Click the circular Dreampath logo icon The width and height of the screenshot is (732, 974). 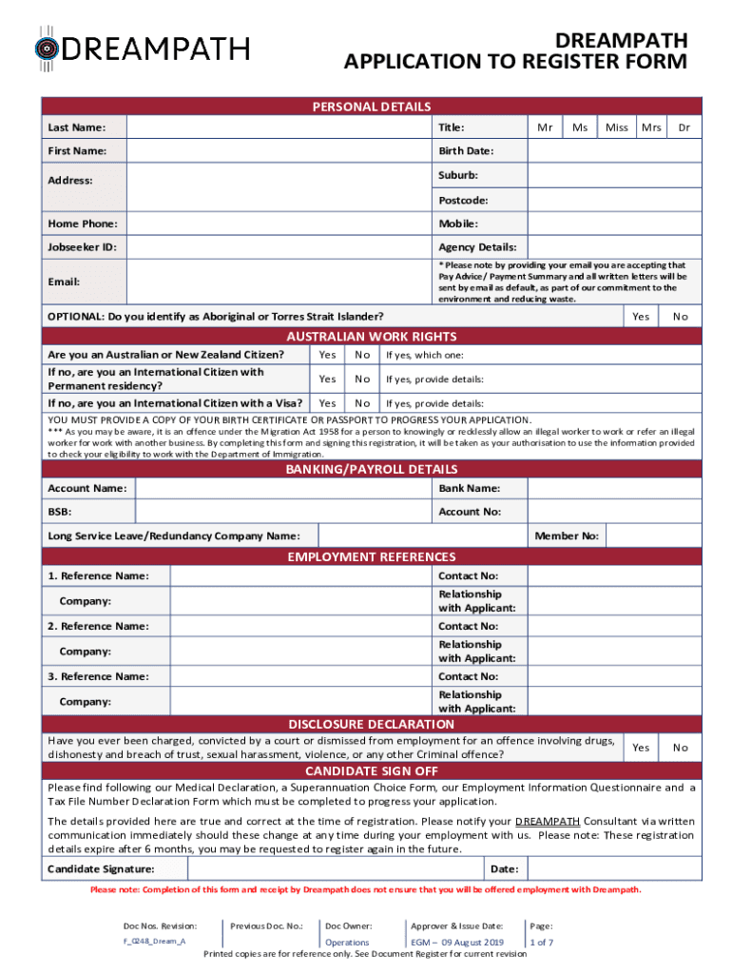click(x=47, y=48)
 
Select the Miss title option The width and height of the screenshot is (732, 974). click(x=616, y=127)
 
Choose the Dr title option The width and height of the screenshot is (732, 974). click(x=683, y=127)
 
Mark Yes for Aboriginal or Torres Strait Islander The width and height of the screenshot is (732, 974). click(x=642, y=317)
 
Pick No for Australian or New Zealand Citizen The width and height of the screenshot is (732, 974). click(x=362, y=355)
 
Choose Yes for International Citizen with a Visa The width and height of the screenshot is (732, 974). click(x=327, y=403)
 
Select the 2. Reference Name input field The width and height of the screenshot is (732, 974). click(x=299, y=627)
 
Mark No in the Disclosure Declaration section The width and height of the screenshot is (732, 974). click(x=680, y=748)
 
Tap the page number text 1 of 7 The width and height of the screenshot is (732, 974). click(x=542, y=943)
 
